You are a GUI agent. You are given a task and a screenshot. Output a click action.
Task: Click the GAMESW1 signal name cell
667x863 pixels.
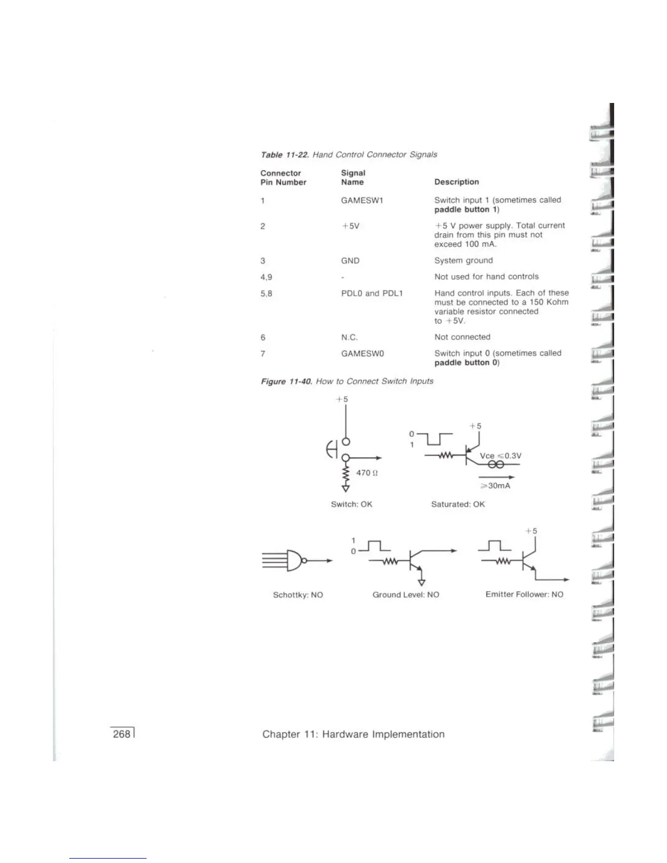pyautogui.click(x=362, y=200)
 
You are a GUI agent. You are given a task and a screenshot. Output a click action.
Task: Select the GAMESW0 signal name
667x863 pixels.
pyautogui.click(x=362, y=354)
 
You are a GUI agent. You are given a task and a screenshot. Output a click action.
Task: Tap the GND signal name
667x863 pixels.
pyautogui.click(x=350, y=261)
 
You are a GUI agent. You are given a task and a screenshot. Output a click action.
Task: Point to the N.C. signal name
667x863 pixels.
pyautogui.click(x=349, y=337)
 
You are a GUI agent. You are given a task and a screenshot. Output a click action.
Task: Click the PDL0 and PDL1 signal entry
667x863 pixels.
pyautogui.click(x=372, y=294)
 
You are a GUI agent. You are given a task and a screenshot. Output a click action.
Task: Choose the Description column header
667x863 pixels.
pyautogui.click(x=456, y=182)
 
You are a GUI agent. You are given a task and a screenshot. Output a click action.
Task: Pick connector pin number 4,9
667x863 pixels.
pyautogui.click(x=266, y=277)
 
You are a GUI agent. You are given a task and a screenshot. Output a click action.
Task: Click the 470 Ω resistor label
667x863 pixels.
pyautogui.click(x=367, y=473)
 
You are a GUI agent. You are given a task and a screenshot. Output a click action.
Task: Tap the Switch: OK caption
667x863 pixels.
pyautogui.click(x=351, y=505)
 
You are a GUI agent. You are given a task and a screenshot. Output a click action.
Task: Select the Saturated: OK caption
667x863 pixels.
pyautogui.click(x=458, y=505)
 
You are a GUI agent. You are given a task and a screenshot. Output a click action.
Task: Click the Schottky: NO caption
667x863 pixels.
pyautogui.click(x=298, y=595)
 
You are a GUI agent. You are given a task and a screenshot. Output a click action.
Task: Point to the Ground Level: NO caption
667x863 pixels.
pyautogui.click(x=405, y=595)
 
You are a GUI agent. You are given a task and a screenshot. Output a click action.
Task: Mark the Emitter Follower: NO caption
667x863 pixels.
pyautogui.click(x=524, y=594)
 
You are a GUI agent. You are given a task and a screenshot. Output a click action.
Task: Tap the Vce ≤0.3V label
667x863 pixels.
pyautogui.click(x=500, y=456)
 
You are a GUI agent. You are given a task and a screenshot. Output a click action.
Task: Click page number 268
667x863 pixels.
pyautogui.click(x=122, y=734)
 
